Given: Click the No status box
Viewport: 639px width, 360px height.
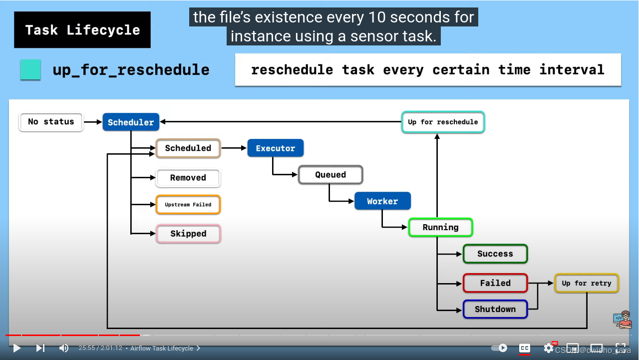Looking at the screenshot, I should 51,122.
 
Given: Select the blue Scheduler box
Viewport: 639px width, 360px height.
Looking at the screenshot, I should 131,122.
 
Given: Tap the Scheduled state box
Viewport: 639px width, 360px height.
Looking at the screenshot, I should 188,148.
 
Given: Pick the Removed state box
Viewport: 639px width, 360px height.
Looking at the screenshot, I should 188,178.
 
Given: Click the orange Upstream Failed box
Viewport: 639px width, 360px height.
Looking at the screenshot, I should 188,205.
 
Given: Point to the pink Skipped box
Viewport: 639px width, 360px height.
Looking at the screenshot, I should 188,234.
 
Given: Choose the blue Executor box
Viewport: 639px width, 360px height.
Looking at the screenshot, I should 276,148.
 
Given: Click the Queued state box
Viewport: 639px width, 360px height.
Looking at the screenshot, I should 330,175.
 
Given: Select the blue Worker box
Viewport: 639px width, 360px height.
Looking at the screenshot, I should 382,201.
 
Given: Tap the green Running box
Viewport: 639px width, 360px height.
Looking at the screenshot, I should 440,228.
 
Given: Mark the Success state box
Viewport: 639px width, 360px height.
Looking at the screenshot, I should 495,254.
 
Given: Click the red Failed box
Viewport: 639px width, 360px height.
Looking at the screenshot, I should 495,283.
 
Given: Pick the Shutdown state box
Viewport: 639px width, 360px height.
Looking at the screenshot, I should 495,309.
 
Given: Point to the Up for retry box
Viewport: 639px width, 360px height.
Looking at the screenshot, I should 587,283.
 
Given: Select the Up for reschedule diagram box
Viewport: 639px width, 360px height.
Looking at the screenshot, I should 443,122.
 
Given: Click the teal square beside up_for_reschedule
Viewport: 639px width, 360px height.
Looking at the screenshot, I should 30,70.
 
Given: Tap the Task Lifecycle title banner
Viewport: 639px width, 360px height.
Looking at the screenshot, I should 82,30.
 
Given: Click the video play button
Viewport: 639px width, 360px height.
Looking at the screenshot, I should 17,348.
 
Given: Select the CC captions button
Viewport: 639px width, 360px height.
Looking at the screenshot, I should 524,348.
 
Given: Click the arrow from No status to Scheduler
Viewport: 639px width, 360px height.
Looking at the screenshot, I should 93,122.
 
